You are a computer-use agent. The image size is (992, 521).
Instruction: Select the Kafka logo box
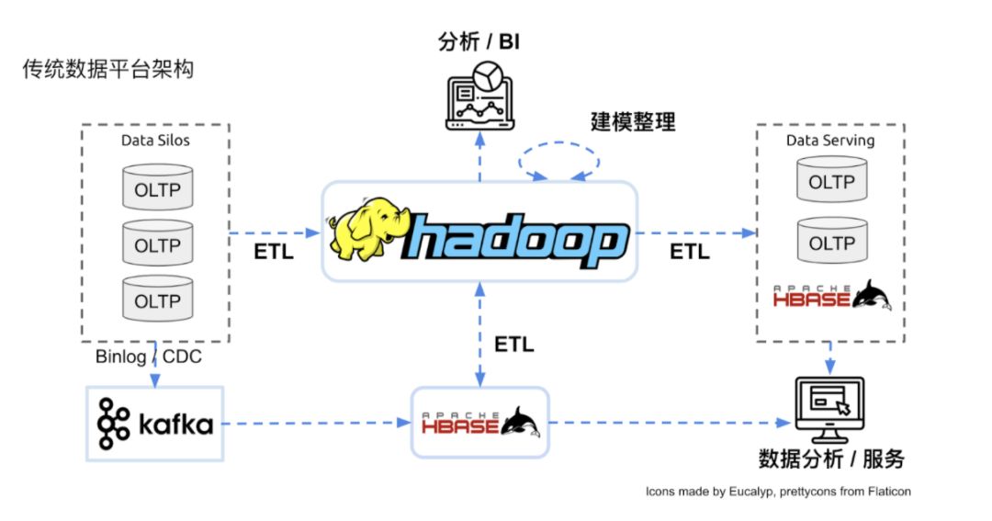point(155,424)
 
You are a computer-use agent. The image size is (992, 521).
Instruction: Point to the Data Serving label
point(829,141)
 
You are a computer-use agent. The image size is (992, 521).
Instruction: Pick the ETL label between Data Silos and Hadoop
point(274,252)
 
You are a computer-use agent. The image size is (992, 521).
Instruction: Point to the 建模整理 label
point(633,121)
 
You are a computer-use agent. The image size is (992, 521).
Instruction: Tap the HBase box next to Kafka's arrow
point(479,423)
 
